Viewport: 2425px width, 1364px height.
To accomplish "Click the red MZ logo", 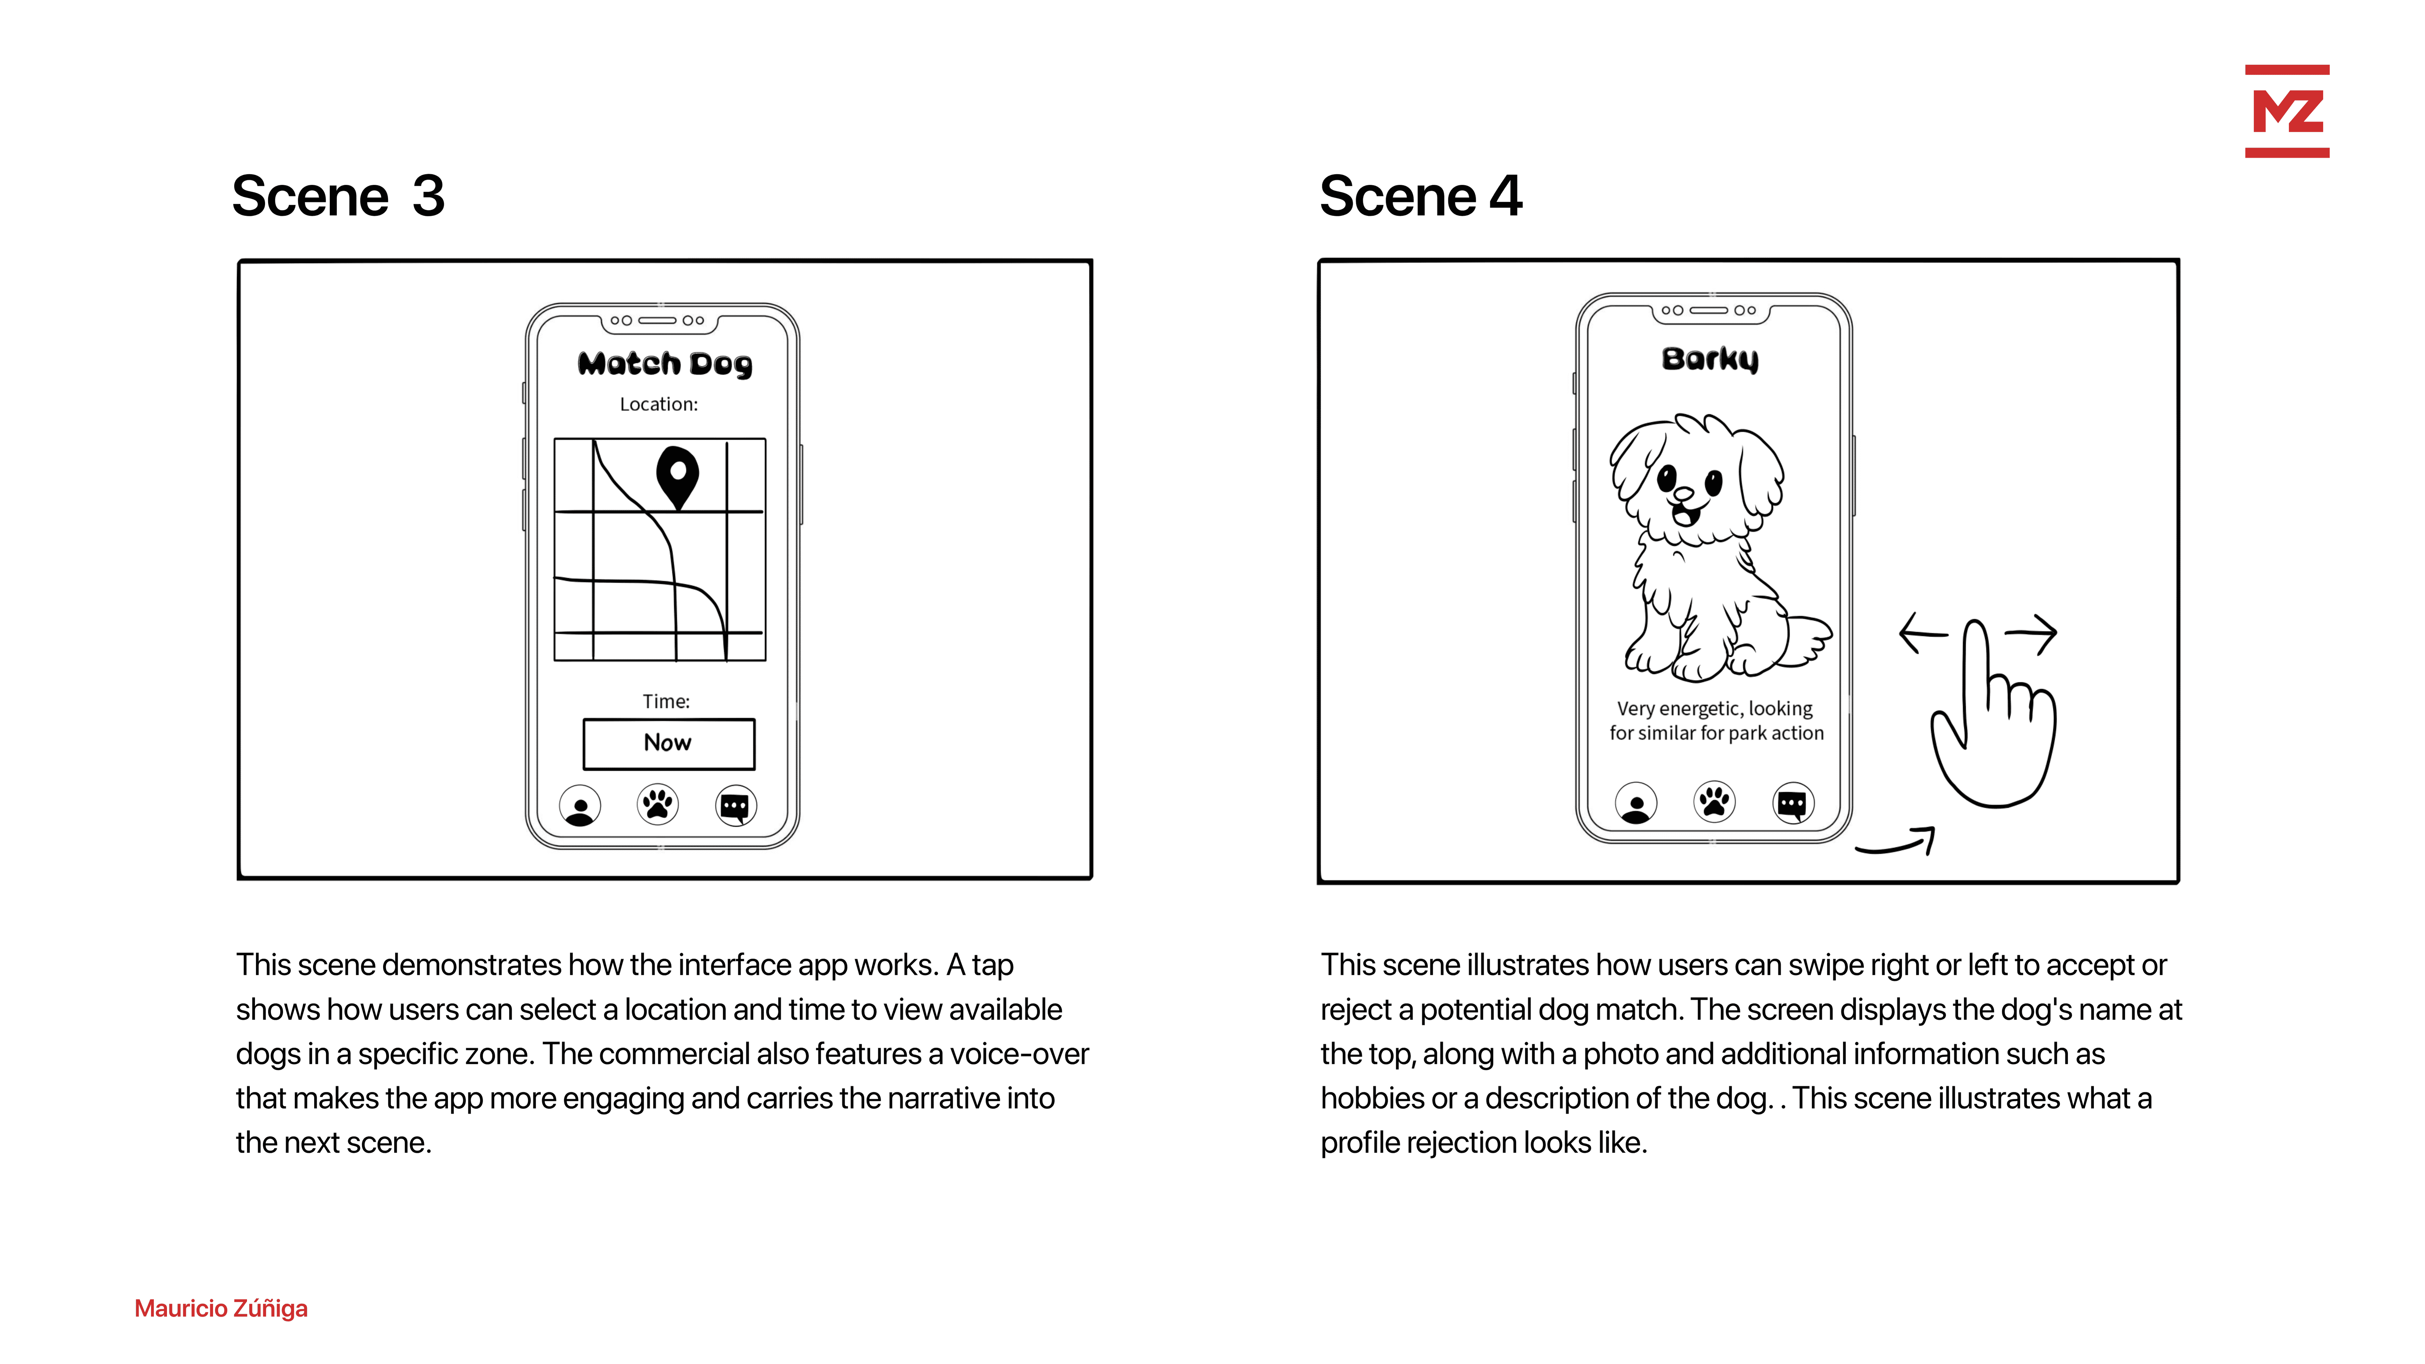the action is click(x=2287, y=111).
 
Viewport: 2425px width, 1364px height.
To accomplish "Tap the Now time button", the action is click(x=668, y=743).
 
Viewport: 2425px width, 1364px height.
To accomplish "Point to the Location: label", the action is click(x=659, y=404).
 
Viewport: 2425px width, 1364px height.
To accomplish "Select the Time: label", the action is click(x=667, y=701).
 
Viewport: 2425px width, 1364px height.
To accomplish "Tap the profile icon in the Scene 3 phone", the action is click(x=580, y=806).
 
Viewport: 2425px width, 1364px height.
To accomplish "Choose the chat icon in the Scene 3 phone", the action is click(x=735, y=806).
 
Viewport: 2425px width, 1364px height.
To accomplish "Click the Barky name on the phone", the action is click(x=1710, y=359).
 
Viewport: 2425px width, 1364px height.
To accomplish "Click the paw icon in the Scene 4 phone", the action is click(x=1714, y=802).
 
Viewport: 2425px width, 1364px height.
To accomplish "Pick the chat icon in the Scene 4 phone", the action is click(x=1793, y=803).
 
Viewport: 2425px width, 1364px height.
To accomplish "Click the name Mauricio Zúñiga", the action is click(x=221, y=1309).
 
